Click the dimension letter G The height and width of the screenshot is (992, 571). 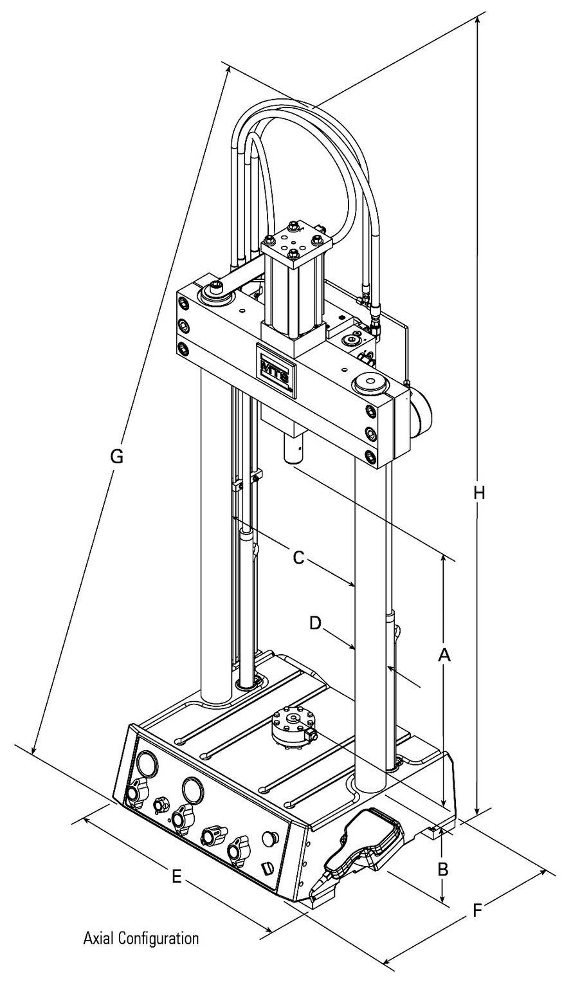[x=116, y=457]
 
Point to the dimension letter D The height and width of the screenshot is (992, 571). [x=315, y=623]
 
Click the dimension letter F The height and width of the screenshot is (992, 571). [x=476, y=910]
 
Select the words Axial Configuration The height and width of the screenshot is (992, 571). [x=141, y=938]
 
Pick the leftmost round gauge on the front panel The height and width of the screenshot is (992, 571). [x=147, y=763]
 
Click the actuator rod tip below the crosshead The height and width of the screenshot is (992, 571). [x=294, y=451]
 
